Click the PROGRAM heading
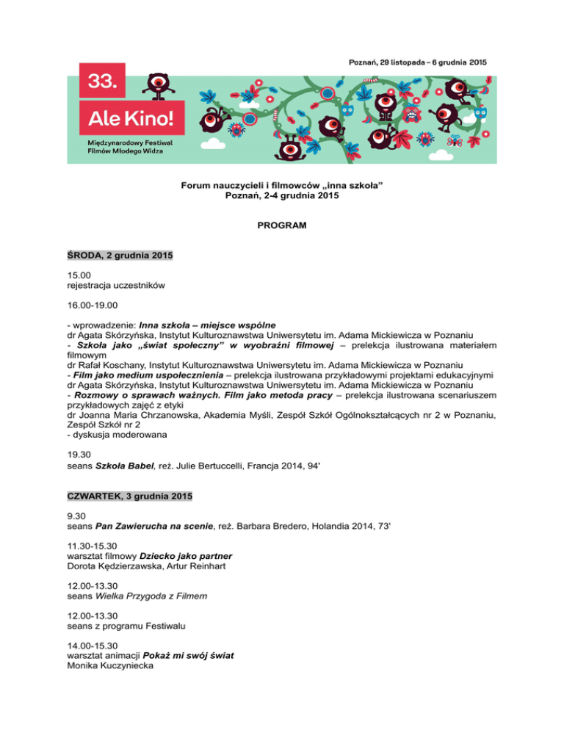282,228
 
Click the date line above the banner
416,61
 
